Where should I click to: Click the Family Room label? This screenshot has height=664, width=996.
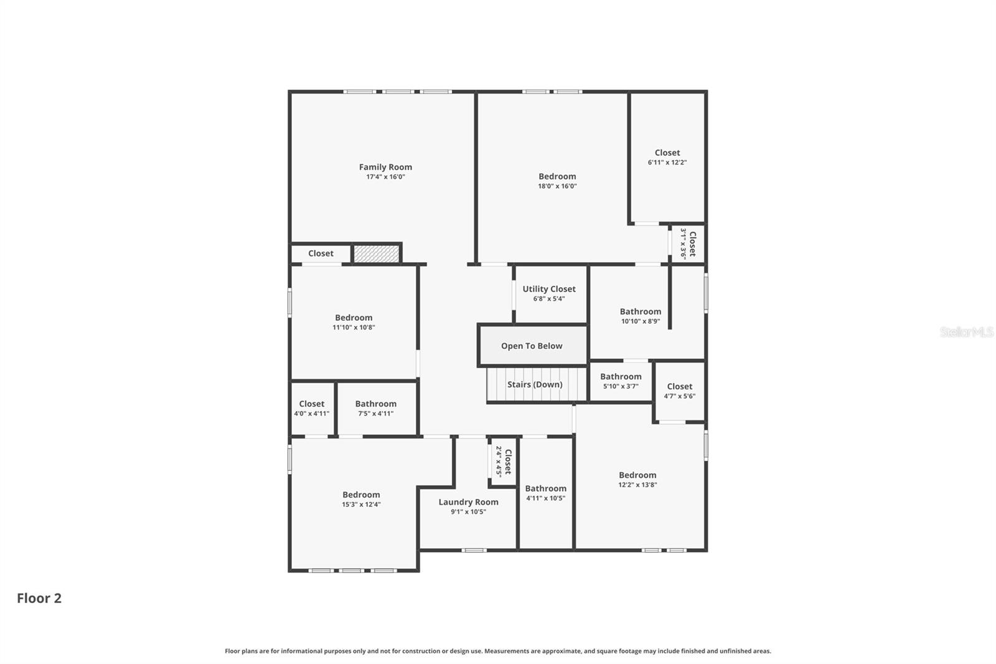click(x=385, y=167)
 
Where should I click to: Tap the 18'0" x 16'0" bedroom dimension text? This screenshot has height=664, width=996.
click(x=557, y=186)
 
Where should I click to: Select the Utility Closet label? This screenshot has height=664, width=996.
click(x=549, y=289)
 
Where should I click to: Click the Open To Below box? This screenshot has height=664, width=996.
click(x=532, y=346)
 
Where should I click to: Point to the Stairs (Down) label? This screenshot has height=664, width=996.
click(x=535, y=384)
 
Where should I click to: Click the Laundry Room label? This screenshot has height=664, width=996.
click(x=468, y=502)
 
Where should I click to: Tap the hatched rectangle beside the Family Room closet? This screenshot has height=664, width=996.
click(x=376, y=254)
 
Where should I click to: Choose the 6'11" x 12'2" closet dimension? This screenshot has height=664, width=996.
click(x=667, y=163)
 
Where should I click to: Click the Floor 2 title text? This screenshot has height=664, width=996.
click(x=39, y=598)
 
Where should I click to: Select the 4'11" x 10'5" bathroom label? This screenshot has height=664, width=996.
click(x=545, y=488)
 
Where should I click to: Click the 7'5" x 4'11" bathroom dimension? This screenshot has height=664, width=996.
click(x=375, y=414)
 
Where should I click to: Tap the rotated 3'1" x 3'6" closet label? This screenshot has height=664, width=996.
click(x=688, y=244)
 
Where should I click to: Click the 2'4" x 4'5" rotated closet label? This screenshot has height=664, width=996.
click(x=503, y=462)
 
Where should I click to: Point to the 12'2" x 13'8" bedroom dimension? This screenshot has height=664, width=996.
click(x=637, y=485)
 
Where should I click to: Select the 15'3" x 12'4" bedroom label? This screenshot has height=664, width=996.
click(x=361, y=495)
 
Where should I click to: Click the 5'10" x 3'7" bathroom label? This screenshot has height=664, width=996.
click(x=621, y=377)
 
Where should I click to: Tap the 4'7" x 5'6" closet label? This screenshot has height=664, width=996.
click(x=679, y=387)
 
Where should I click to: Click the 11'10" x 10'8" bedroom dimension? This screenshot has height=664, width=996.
click(x=354, y=328)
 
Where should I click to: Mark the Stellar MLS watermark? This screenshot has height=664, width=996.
click(x=966, y=332)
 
